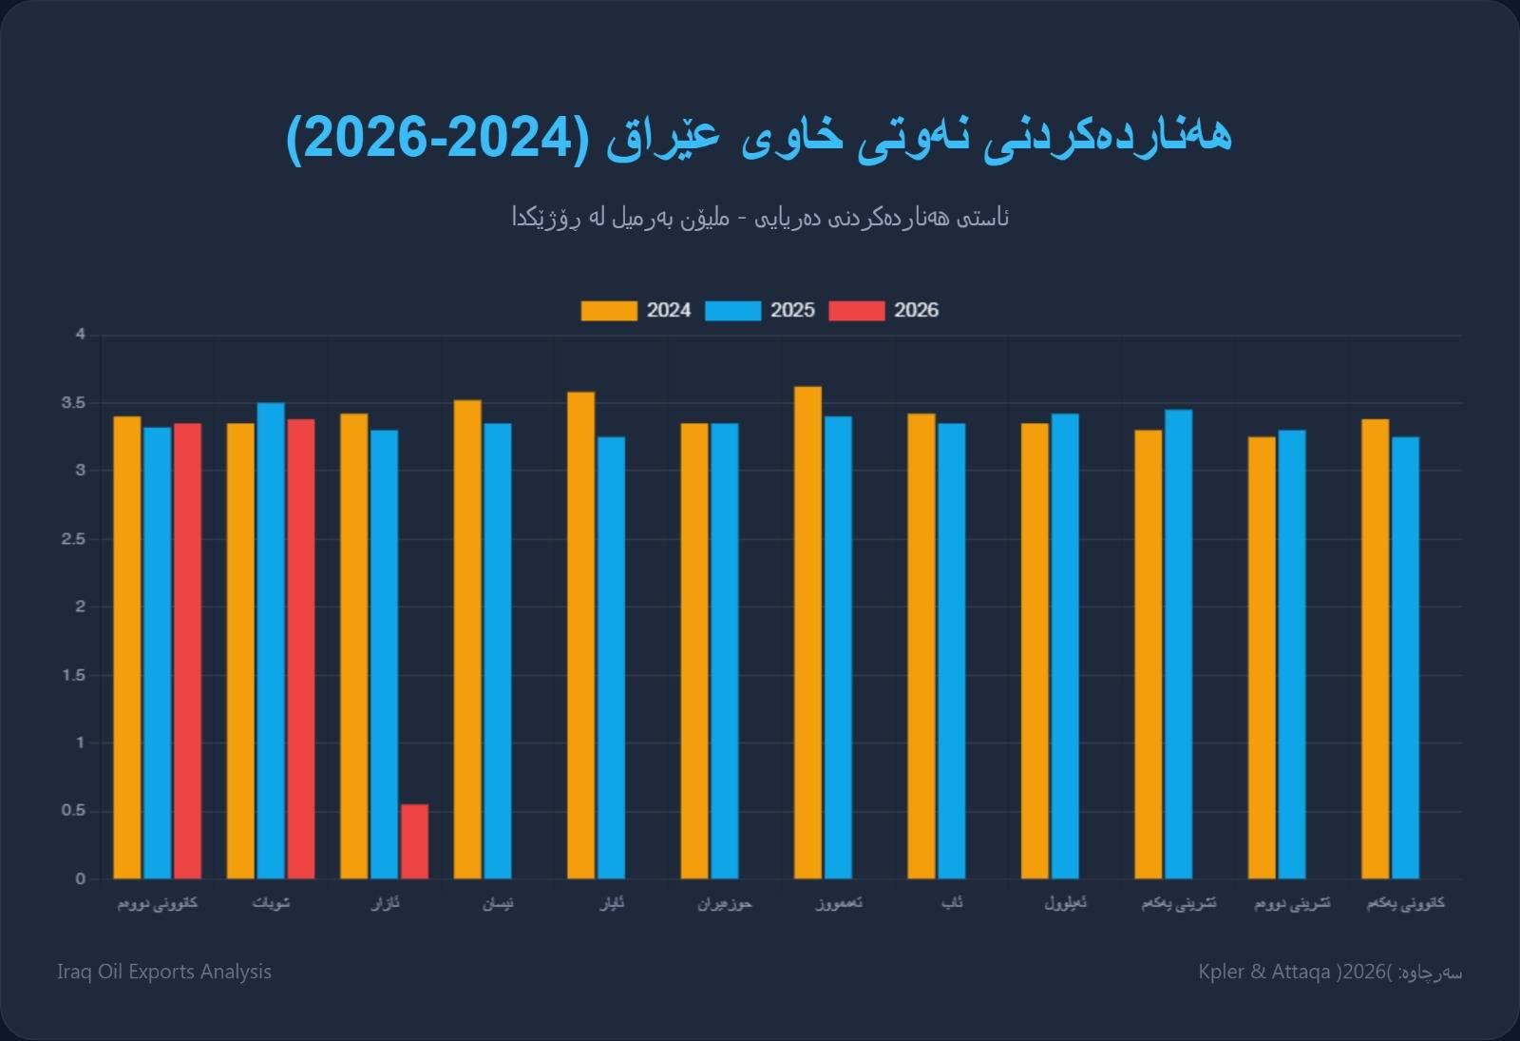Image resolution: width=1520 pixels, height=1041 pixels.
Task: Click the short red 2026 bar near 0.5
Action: pos(414,841)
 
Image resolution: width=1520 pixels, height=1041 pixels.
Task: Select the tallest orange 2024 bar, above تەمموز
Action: pos(807,632)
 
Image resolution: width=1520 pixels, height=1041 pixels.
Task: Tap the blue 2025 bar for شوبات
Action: pos(271,641)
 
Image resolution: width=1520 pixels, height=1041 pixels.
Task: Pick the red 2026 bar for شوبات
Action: pos(301,648)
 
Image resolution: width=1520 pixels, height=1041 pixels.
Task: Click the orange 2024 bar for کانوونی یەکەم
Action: pos(1375,648)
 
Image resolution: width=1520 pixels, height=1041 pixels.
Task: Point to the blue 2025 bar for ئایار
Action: pos(611,657)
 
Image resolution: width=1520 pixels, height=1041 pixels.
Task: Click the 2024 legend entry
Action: pos(636,311)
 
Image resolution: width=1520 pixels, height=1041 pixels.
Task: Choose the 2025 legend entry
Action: pos(760,311)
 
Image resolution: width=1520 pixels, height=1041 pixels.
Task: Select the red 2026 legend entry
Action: pos(883,311)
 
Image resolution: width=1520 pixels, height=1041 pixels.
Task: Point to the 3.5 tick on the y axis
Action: pos(74,403)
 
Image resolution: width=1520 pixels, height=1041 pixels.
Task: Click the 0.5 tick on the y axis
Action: pos(74,811)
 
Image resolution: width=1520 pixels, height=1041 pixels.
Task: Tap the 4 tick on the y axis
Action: pos(81,335)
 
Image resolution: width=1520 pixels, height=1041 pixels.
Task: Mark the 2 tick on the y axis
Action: pos(81,607)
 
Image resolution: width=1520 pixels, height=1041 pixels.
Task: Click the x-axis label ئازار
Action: pos(385,903)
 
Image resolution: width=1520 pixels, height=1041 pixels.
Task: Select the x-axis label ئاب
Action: pos(952,903)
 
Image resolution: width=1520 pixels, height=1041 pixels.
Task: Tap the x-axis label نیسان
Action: pos(498,903)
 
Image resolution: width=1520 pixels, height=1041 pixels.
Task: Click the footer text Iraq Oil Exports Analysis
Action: pos(164,972)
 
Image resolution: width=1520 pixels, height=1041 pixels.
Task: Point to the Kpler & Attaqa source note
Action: pos(1330,972)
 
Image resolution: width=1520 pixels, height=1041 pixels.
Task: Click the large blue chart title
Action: pos(759,136)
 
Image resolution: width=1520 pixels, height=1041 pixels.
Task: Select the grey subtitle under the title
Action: pos(760,218)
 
